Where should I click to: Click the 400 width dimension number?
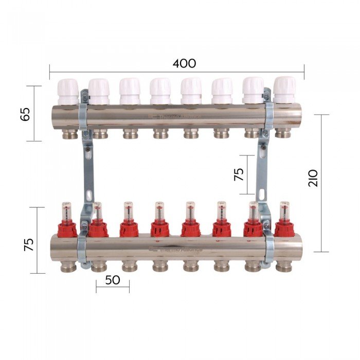click(x=184, y=64)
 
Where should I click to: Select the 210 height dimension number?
click(x=314, y=177)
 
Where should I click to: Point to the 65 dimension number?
click(x=25, y=113)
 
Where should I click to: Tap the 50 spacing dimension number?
click(x=112, y=280)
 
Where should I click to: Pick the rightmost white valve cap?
click(x=284, y=89)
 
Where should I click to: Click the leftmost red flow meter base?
click(x=67, y=228)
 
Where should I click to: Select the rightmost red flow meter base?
click(x=284, y=228)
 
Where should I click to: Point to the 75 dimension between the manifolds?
click(x=239, y=174)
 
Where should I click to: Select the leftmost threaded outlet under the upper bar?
click(x=70, y=134)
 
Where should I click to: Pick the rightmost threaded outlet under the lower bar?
click(x=283, y=267)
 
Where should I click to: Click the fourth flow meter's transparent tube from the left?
click(x=159, y=211)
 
